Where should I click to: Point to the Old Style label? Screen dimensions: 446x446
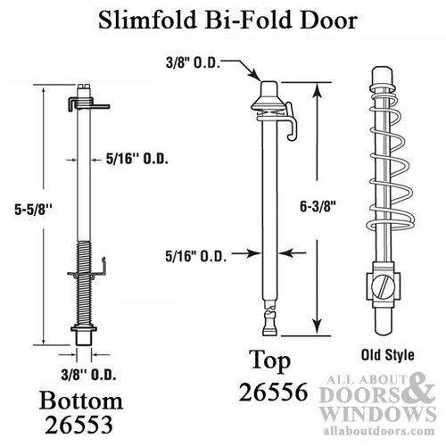(388, 350)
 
